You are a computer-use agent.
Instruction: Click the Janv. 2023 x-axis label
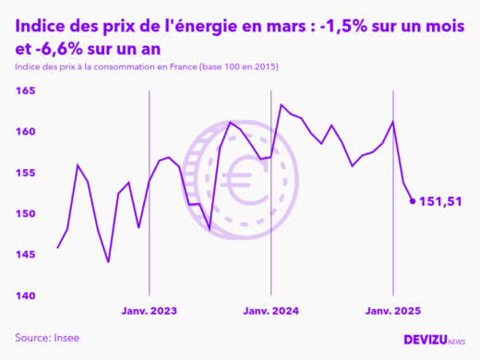tap(149, 311)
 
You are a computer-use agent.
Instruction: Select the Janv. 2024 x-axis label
tap(270, 311)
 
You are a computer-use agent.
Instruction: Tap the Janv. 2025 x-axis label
tap(392, 311)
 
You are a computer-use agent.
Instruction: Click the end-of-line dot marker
tap(413, 200)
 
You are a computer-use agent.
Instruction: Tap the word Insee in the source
tap(66, 338)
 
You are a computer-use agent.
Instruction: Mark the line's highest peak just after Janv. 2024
tap(282, 104)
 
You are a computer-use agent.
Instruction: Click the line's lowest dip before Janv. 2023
tap(108, 262)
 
